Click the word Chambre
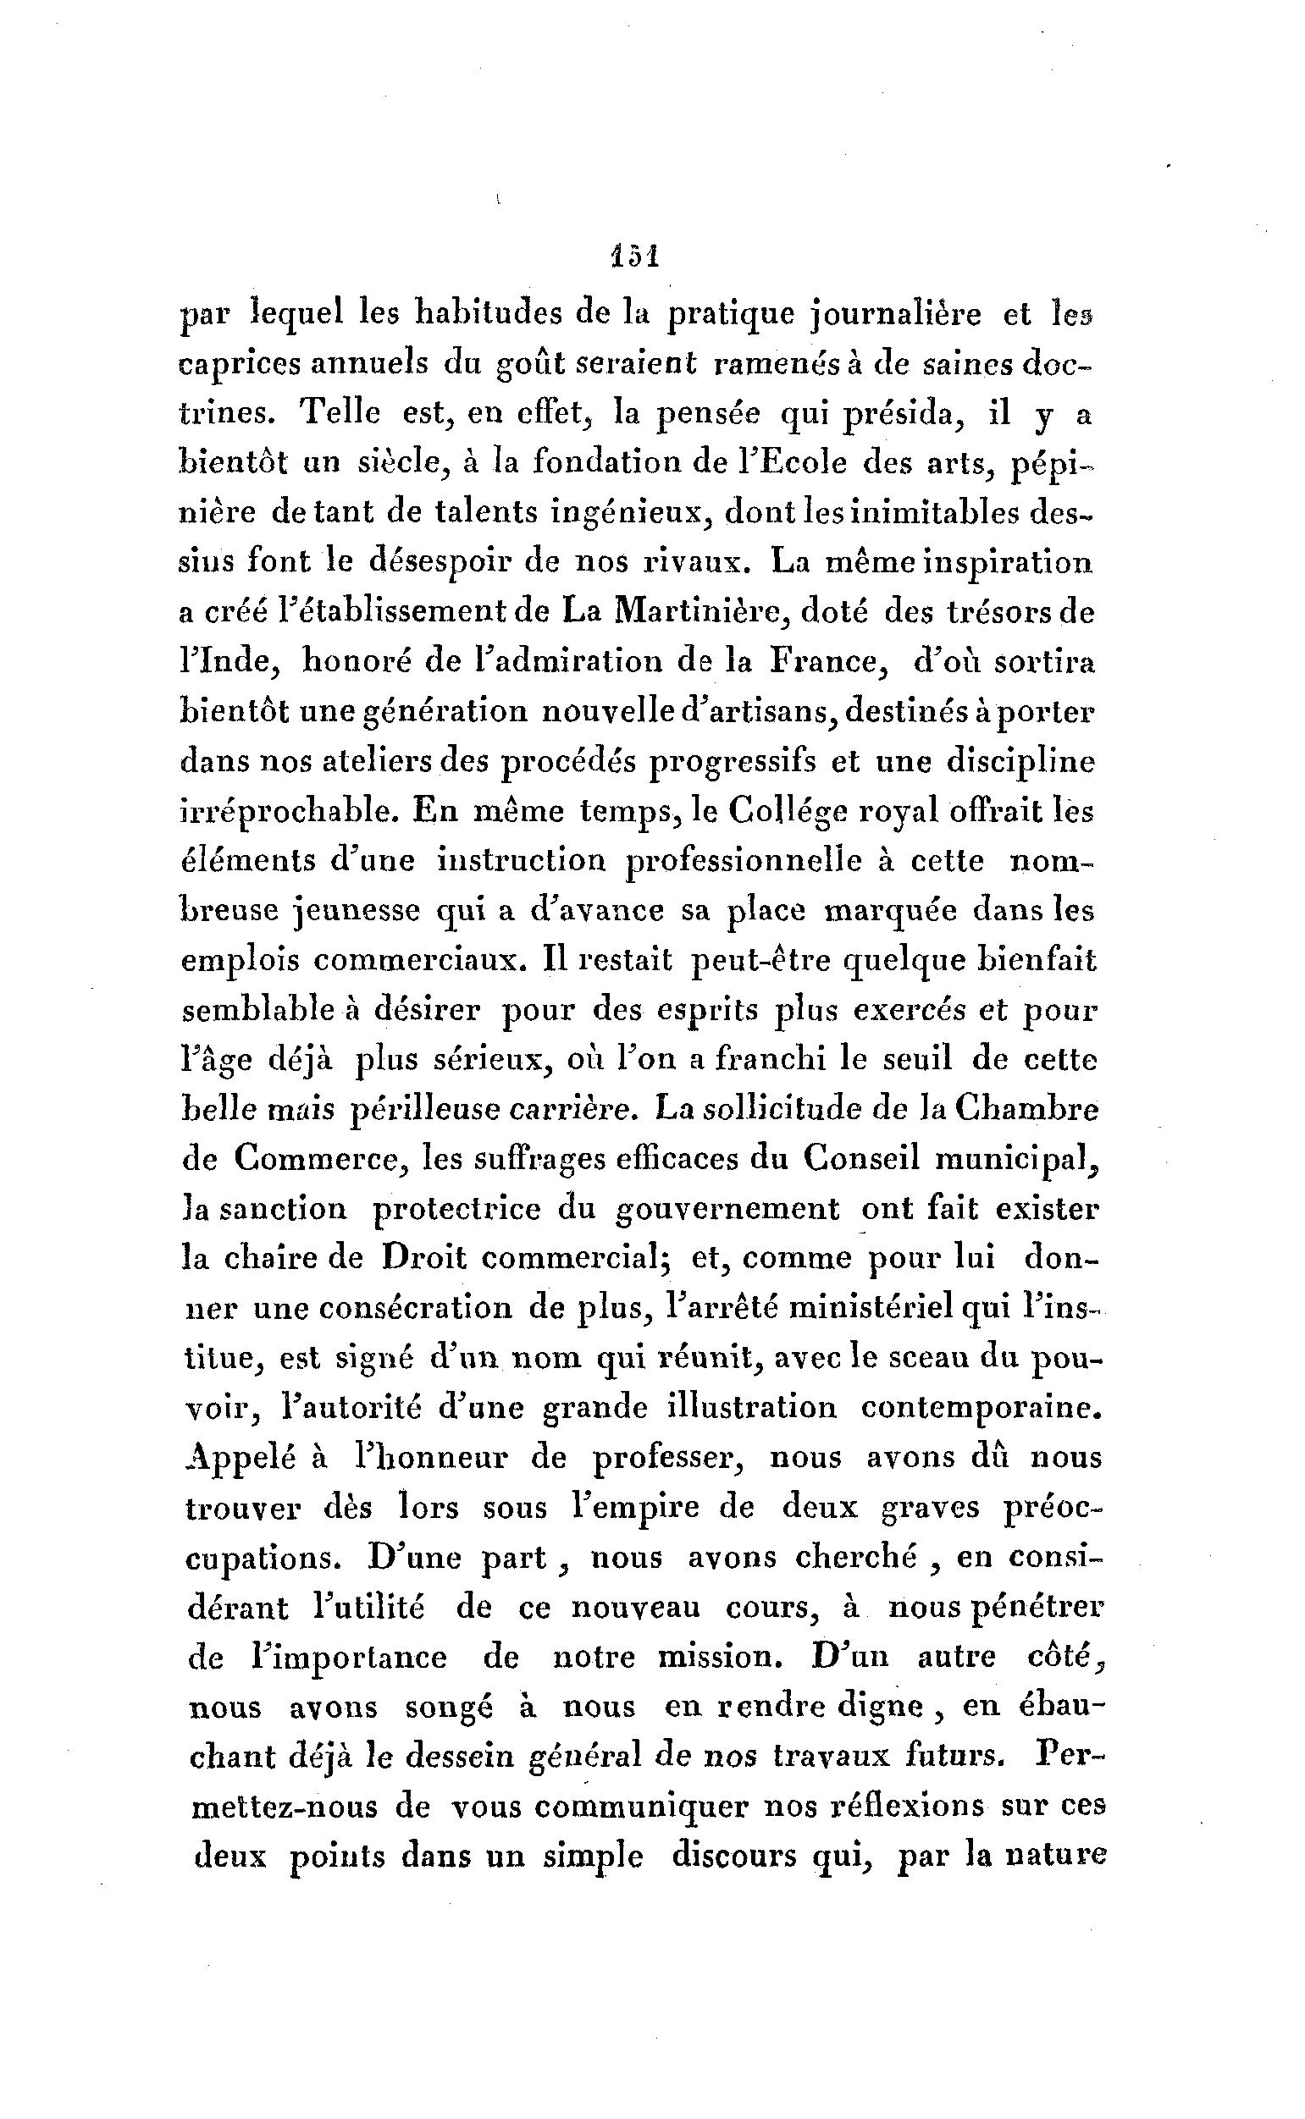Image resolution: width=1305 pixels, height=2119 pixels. coord(1026,1109)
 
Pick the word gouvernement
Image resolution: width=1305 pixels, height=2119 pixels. coord(727,1210)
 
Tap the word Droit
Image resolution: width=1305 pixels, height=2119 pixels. coord(423,1259)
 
